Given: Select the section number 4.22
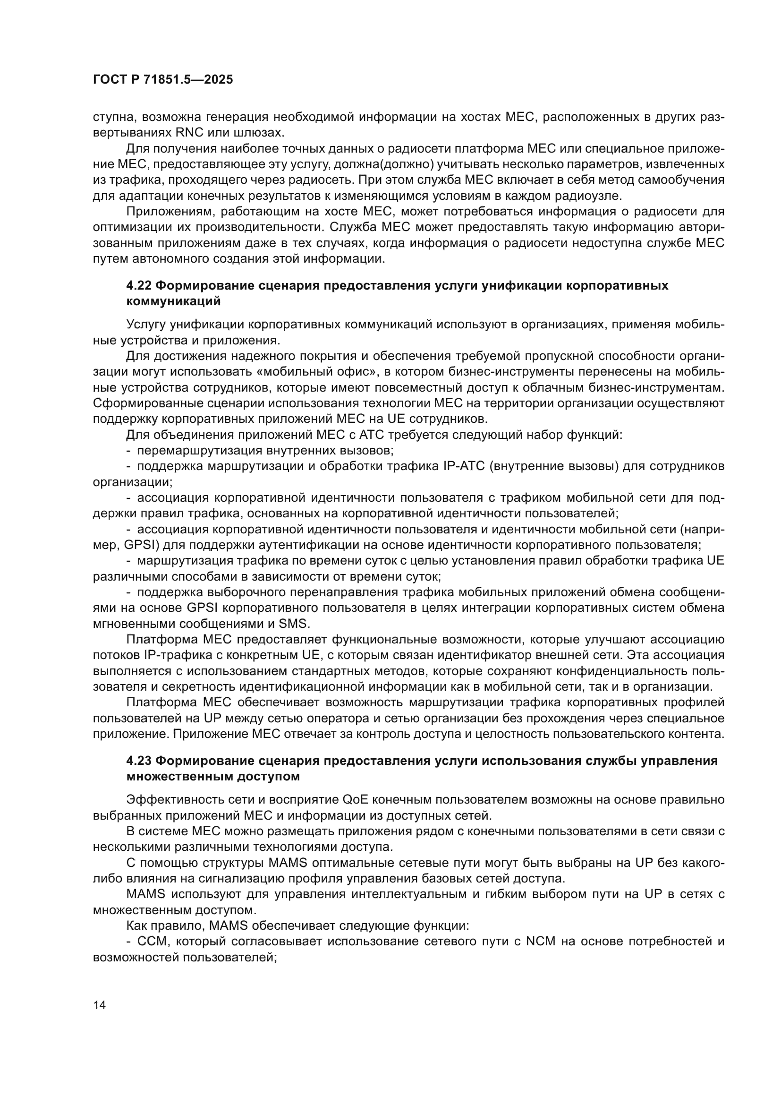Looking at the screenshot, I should pyautogui.click(x=139, y=285).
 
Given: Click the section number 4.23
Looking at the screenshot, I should pyautogui.click(x=139, y=761).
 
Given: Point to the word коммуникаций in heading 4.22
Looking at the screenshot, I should pyautogui.click(x=174, y=301).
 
